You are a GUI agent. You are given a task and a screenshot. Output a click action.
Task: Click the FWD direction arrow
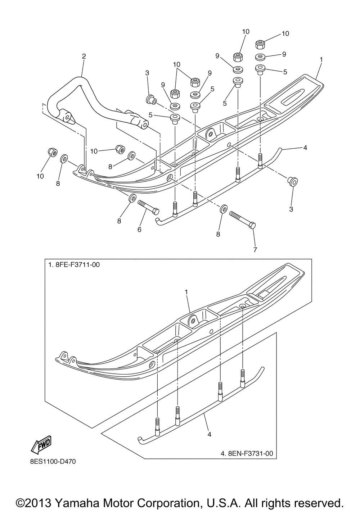(42, 443)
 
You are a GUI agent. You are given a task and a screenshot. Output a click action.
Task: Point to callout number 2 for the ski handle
(84, 56)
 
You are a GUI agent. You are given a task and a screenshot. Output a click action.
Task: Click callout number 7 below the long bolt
(255, 249)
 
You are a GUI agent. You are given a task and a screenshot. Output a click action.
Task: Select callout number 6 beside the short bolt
(139, 229)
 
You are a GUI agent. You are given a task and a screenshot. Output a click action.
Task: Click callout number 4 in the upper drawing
(305, 147)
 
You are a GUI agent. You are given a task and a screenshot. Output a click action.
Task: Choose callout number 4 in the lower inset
(209, 434)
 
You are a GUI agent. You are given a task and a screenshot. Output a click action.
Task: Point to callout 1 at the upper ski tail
(321, 59)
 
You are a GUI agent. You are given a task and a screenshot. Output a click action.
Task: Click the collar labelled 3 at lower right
(292, 181)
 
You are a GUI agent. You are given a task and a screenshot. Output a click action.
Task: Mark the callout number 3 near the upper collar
(147, 73)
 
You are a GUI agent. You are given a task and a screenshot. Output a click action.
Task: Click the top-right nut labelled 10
(260, 45)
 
